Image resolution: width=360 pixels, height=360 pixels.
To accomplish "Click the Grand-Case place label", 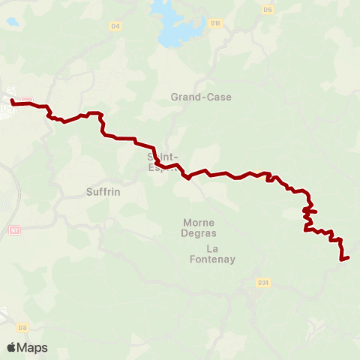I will click(201, 97).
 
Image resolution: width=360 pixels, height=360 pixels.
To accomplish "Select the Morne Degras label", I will click(199, 228).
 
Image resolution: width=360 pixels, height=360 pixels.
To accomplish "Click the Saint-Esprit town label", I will click(164, 162).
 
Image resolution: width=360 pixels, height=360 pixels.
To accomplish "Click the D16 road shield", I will click(217, 23).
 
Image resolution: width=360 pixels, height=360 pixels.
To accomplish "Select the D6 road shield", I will click(268, 10).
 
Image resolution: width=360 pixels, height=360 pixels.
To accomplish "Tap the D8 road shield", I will click(22, 328).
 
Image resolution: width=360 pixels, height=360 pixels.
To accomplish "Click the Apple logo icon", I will click(12, 347).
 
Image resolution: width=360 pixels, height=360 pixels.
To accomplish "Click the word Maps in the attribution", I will click(32, 347).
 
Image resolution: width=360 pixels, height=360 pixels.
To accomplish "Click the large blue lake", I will click(176, 22).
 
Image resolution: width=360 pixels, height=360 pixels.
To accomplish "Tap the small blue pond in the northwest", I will click(12, 22).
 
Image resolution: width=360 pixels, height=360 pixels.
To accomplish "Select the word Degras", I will click(199, 234).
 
